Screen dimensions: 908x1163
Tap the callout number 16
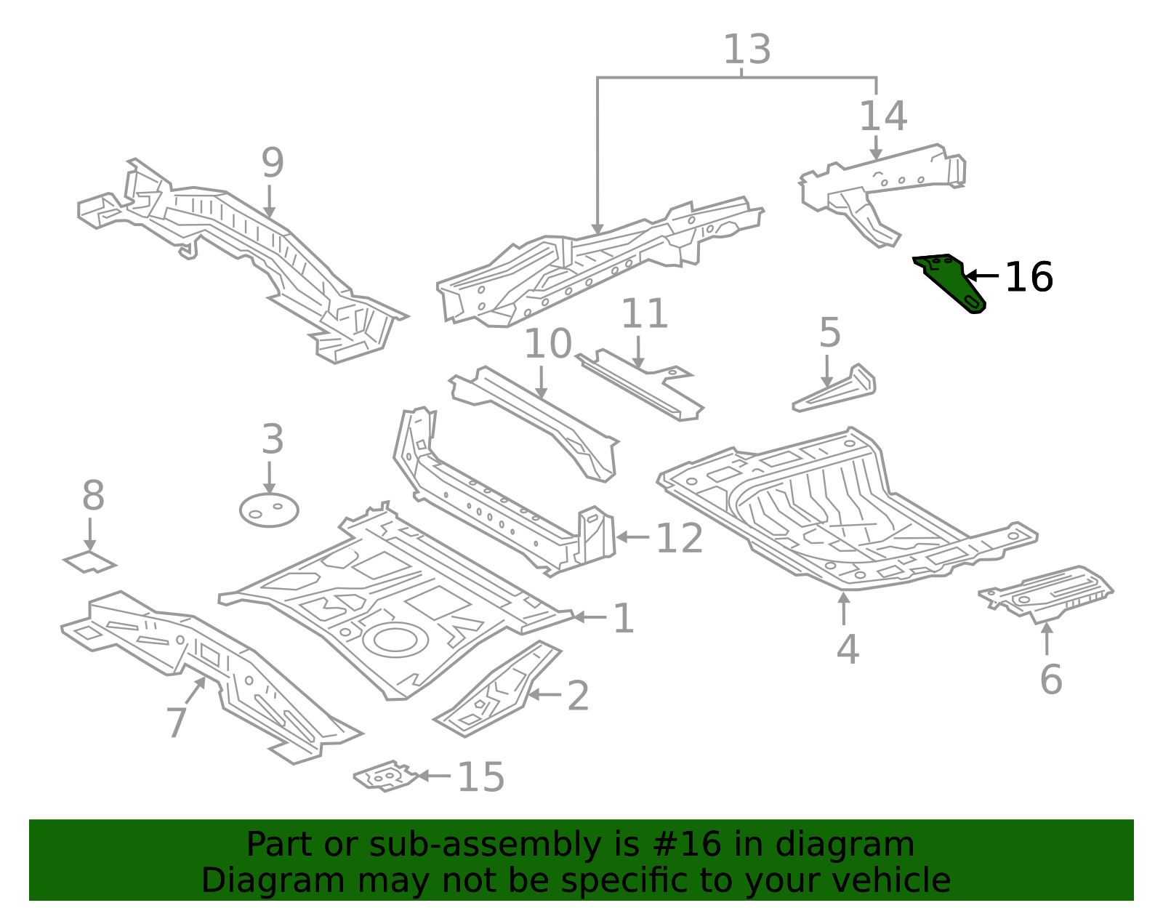pos(1029,278)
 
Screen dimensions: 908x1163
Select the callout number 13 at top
pos(747,49)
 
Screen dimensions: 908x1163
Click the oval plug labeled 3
pos(269,510)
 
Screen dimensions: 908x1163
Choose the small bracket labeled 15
pos(385,776)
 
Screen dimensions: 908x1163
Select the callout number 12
pos(679,539)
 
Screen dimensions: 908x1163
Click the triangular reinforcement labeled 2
pos(498,691)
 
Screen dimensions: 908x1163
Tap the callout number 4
pos(847,649)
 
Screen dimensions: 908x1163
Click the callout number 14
pos(882,116)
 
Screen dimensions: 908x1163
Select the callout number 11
pos(644,314)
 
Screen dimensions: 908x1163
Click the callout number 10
pos(548,344)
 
